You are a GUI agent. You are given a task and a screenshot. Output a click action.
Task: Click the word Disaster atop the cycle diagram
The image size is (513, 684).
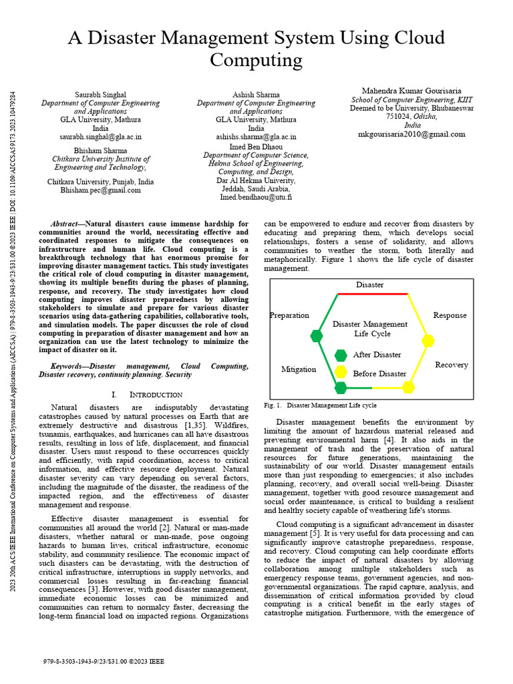[369, 285]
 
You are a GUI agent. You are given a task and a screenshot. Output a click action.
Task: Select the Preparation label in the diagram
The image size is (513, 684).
[289, 315]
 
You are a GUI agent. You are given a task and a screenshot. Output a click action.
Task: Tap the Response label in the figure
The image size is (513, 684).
[450, 315]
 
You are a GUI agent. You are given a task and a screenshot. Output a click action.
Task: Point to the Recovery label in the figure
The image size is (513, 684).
[452, 365]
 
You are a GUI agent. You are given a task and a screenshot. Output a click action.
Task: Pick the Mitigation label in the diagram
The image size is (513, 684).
[299, 369]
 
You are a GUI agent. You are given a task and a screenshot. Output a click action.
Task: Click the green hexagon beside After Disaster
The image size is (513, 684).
[341, 355]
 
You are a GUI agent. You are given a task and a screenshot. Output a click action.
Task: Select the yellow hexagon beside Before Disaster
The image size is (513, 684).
[341, 373]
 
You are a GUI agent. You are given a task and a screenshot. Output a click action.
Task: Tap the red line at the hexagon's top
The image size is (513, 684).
[373, 293]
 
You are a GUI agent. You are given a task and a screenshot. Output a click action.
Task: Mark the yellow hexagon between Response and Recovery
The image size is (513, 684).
[427, 340]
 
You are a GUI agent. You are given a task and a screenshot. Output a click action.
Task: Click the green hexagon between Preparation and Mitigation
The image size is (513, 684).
[317, 335]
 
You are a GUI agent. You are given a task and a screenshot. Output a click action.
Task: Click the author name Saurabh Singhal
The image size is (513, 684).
[100, 95]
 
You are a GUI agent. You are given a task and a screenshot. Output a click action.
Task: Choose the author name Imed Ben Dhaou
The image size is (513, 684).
[256, 146]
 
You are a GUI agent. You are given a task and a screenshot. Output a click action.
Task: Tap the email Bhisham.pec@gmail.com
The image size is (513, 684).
[100, 190]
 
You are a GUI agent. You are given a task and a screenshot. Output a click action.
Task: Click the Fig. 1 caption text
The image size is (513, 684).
[321, 405]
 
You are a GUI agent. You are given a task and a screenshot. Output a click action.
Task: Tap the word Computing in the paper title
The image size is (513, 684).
[256, 60]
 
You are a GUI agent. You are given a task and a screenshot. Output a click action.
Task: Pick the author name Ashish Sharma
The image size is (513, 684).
[256, 95]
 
